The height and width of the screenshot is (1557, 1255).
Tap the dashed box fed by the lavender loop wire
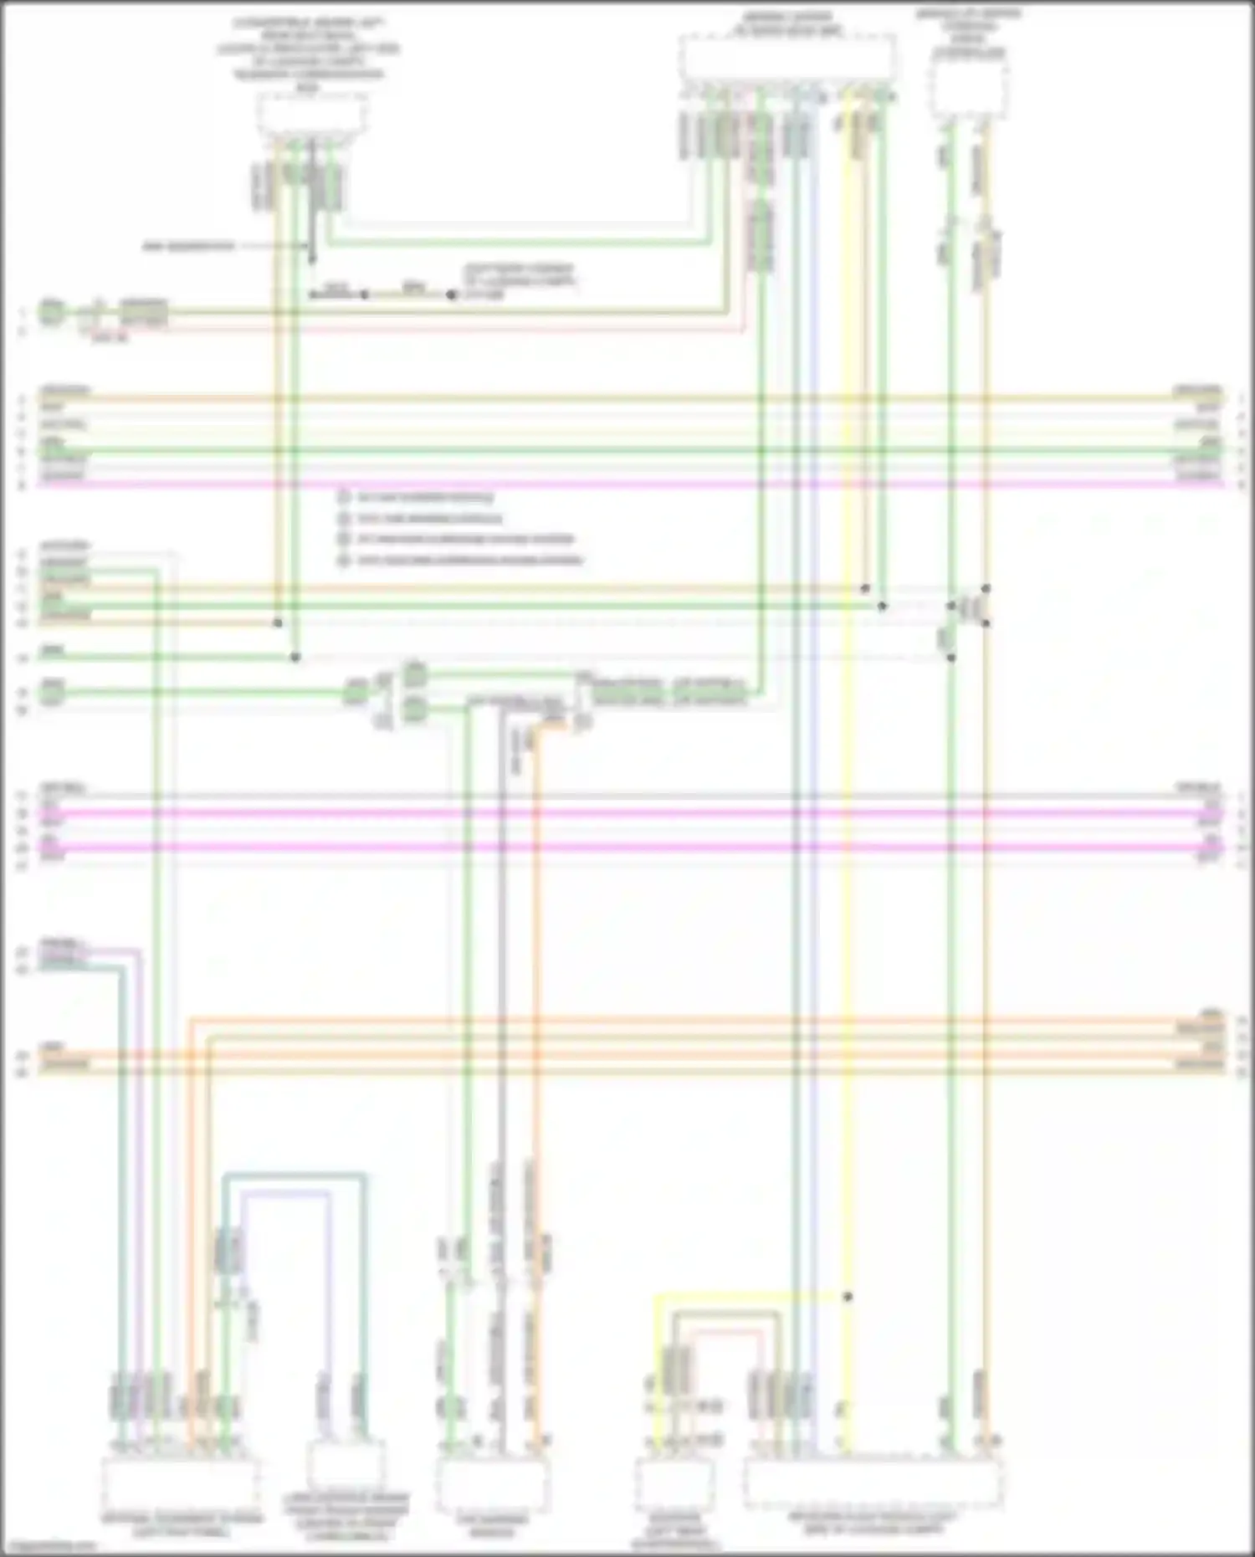coord(346,1464)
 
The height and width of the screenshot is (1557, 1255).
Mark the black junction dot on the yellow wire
coord(848,1297)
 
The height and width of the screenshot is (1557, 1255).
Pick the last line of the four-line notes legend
coord(469,560)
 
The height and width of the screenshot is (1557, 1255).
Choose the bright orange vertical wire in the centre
coord(536,1004)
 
